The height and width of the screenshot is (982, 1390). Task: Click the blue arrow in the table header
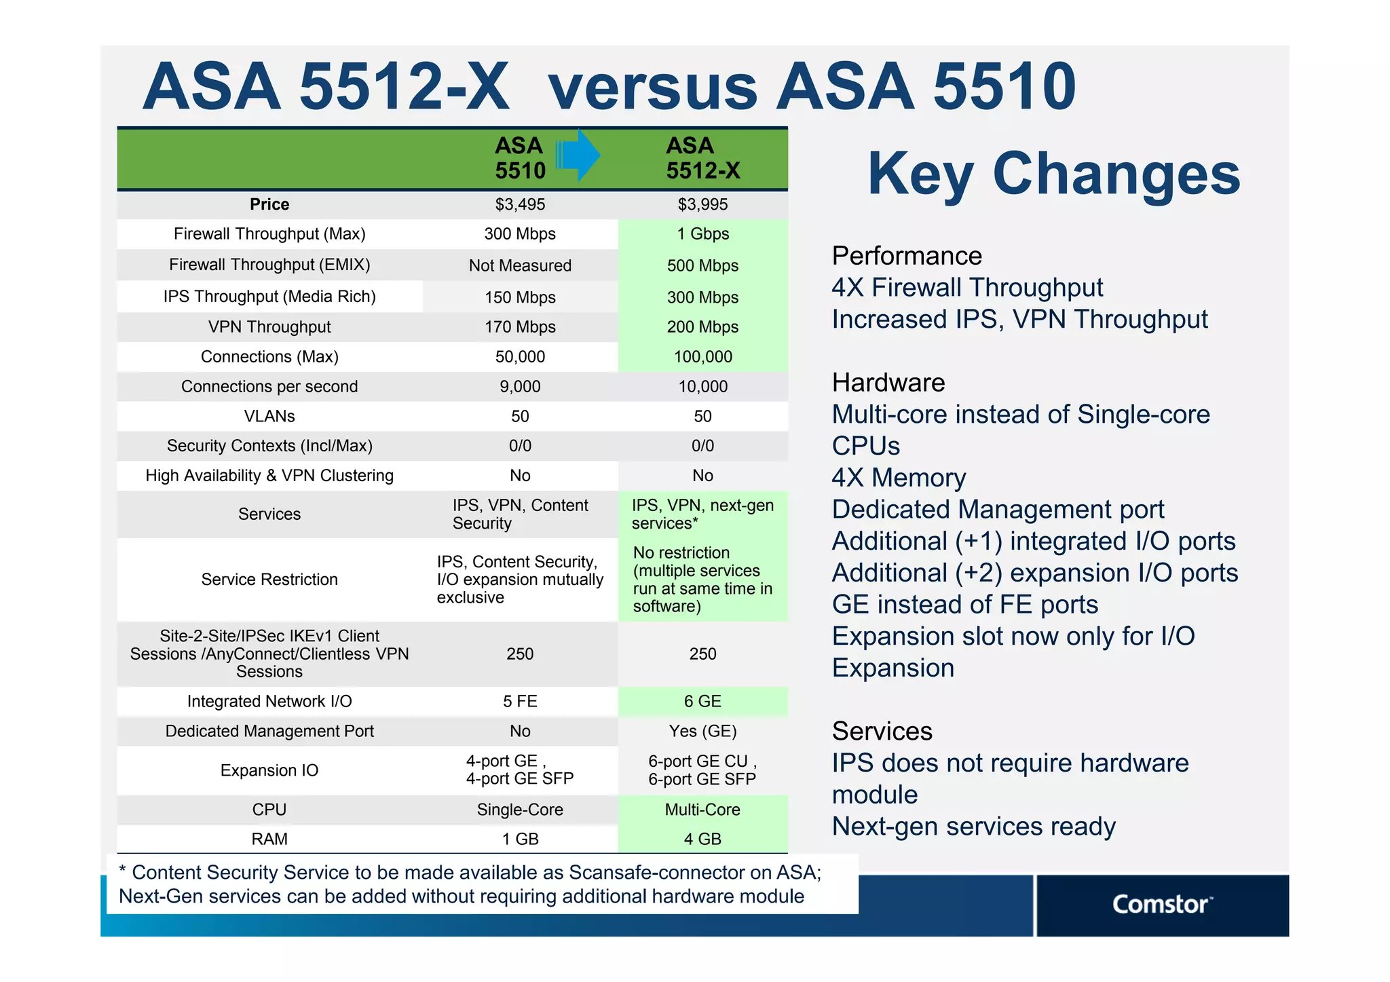pos(578,155)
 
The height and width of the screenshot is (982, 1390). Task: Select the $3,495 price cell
pos(520,204)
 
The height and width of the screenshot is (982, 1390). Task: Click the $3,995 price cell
pos(702,204)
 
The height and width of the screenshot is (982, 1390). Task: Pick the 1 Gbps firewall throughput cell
pos(702,234)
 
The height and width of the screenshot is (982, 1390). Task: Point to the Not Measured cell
pos(520,265)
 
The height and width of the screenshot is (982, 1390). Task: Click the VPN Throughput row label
pos(269,327)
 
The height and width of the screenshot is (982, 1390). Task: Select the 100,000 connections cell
pos(702,357)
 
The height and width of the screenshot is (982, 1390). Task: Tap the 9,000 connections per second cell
pos(520,387)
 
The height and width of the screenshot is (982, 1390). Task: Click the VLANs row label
pos(269,416)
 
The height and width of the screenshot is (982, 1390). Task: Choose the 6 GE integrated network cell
pos(702,702)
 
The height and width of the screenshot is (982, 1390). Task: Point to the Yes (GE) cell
pos(702,731)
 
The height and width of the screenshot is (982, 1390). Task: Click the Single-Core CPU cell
pos(520,810)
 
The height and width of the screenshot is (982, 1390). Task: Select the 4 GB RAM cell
pos(702,839)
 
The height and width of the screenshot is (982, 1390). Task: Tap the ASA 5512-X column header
pos(702,158)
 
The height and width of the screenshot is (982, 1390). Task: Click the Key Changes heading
pos(1053,174)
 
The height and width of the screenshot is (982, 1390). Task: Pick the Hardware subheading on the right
pos(888,383)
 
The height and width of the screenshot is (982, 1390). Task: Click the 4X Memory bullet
pos(899,478)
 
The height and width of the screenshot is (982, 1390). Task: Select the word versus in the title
pos(652,88)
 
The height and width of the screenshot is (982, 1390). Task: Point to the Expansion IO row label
pos(269,770)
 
